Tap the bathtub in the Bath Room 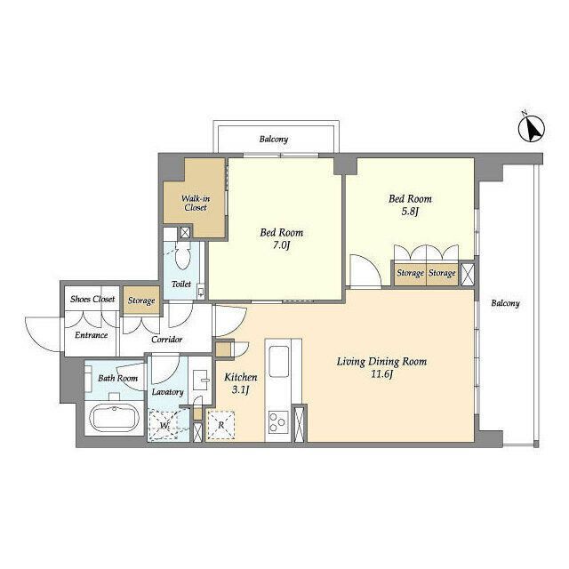pos(115,418)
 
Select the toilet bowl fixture pos(182,257)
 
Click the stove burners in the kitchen pos(278,422)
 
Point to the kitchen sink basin pos(278,361)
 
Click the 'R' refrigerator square pos(220,425)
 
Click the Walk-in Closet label pos(196,204)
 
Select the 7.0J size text pos(281,245)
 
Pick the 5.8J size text pos(410,212)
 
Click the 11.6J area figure pos(381,374)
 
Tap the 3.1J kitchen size pos(241,390)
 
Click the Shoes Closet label pos(92,299)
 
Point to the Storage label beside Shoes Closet pos(141,301)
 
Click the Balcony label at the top pos(274,139)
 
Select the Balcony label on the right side pos(505,303)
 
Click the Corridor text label pos(166,340)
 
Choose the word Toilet pos(181,284)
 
